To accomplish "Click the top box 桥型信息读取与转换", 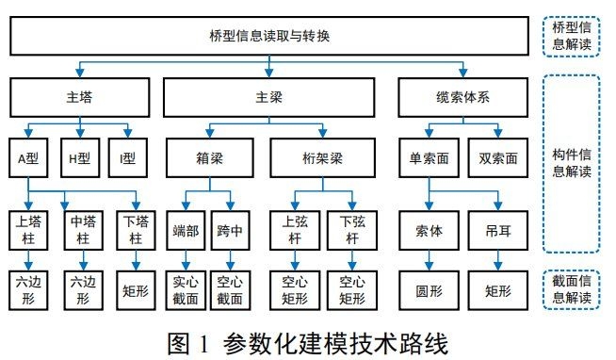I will click(x=269, y=38).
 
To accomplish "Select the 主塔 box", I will click(x=81, y=97).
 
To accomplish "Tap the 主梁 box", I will click(x=269, y=97).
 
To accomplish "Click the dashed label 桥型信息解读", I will click(x=574, y=38).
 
